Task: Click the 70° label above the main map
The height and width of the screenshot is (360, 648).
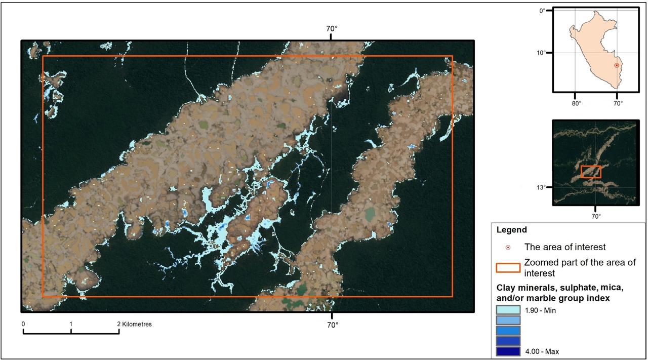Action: click(x=332, y=29)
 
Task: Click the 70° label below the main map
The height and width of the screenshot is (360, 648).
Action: click(x=332, y=325)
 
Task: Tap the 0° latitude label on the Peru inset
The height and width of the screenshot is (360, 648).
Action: click(x=542, y=10)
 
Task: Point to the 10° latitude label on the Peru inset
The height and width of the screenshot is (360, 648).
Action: click(x=541, y=53)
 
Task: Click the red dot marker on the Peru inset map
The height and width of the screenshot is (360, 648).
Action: click(x=617, y=65)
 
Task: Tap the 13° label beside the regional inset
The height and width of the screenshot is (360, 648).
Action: click(x=542, y=187)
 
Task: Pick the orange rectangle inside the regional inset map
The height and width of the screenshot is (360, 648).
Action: click(x=591, y=172)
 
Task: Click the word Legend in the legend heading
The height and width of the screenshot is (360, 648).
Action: click(x=511, y=230)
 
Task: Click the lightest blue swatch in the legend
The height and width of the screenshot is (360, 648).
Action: click(x=508, y=310)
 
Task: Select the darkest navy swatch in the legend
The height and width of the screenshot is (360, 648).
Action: click(x=508, y=351)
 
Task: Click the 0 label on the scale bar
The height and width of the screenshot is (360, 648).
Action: click(x=23, y=324)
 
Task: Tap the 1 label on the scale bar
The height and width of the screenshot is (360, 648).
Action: click(x=71, y=324)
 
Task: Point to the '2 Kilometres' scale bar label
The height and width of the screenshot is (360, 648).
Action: click(x=135, y=324)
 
